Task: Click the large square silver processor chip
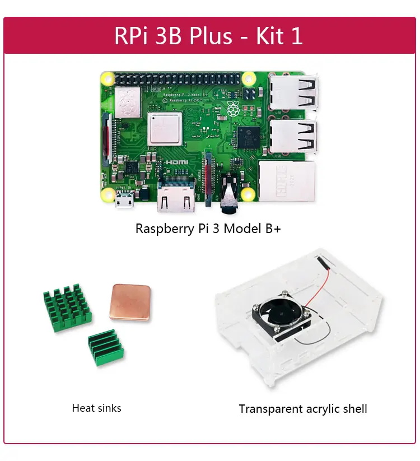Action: click(x=165, y=128)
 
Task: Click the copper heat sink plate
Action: click(x=130, y=302)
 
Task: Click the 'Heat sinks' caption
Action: click(x=96, y=408)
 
